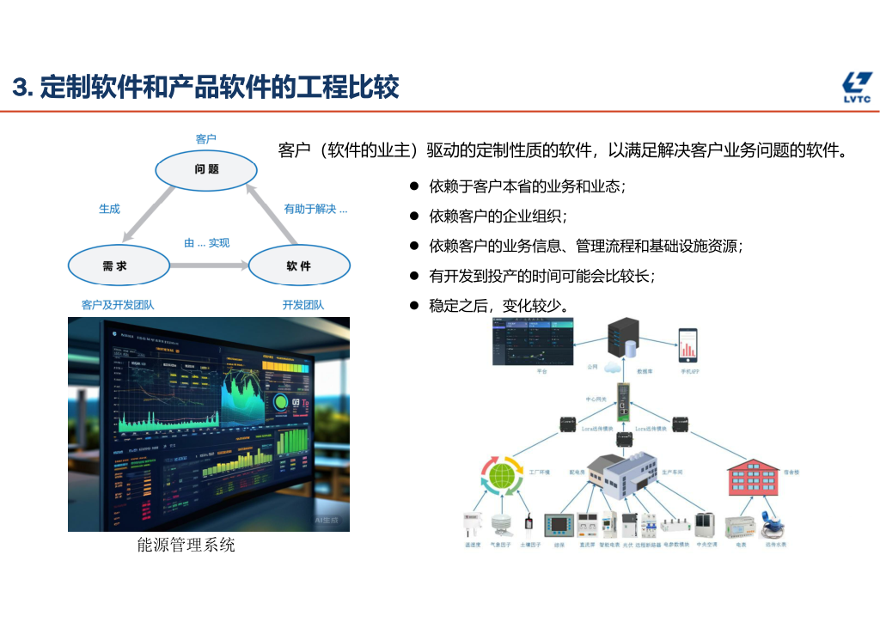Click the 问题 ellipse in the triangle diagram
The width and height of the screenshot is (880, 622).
tap(206, 169)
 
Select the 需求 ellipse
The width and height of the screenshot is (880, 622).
tap(119, 265)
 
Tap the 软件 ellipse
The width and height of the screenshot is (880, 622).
tap(299, 265)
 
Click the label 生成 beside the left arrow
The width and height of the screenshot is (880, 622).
tap(109, 209)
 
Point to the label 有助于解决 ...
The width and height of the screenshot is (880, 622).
tap(315, 209)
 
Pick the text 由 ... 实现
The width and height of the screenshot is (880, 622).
tap(206, 243)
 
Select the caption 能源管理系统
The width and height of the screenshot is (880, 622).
tap(186, 545)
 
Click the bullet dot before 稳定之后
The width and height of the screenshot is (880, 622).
tap(413, 305)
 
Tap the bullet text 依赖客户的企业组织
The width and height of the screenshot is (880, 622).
tap(498, 216)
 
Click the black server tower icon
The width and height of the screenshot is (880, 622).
tap(626, 340)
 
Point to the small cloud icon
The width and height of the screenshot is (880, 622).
tap(613, 367)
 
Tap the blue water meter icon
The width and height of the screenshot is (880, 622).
tap(773, 526)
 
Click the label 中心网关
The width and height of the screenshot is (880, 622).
tap(596, 399)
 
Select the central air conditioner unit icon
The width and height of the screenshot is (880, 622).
tap(705, 522)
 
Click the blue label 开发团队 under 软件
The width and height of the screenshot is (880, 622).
tap(303, 305)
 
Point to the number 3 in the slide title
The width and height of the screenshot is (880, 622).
tap(21, 88)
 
